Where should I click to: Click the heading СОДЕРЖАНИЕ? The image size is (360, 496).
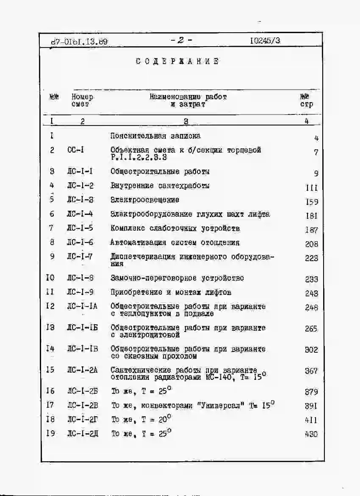tap(177, 61)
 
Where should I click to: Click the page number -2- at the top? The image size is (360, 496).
tap(181, 41)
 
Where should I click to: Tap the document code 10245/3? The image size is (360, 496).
tap(265, 41)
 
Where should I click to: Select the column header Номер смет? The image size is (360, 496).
tap(82, 100)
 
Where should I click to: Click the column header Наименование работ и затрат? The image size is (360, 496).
tap(188, 100)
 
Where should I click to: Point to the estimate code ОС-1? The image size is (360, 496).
tap(76, 150)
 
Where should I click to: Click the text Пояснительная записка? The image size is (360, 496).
tap(155, 136)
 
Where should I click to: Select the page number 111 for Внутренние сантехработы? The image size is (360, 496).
tap(311, 188)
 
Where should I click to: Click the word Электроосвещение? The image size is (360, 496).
tap(145, 200)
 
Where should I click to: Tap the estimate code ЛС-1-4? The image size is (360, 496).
tap(80, 214)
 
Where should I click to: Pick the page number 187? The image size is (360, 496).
tap(311, 230)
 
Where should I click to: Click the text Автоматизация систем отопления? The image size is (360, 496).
tap(175, 242)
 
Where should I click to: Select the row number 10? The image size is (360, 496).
tap(50, 278)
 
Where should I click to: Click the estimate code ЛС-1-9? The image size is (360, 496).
tap(80, 292)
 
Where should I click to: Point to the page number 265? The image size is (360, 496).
tap(311, 329)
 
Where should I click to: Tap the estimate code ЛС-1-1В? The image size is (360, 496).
tap(82, 349)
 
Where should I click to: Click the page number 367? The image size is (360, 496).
tap(311, 371)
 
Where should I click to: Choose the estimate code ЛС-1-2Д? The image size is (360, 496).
tap(82, 434)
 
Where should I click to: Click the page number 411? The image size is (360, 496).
tap(311, 420)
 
